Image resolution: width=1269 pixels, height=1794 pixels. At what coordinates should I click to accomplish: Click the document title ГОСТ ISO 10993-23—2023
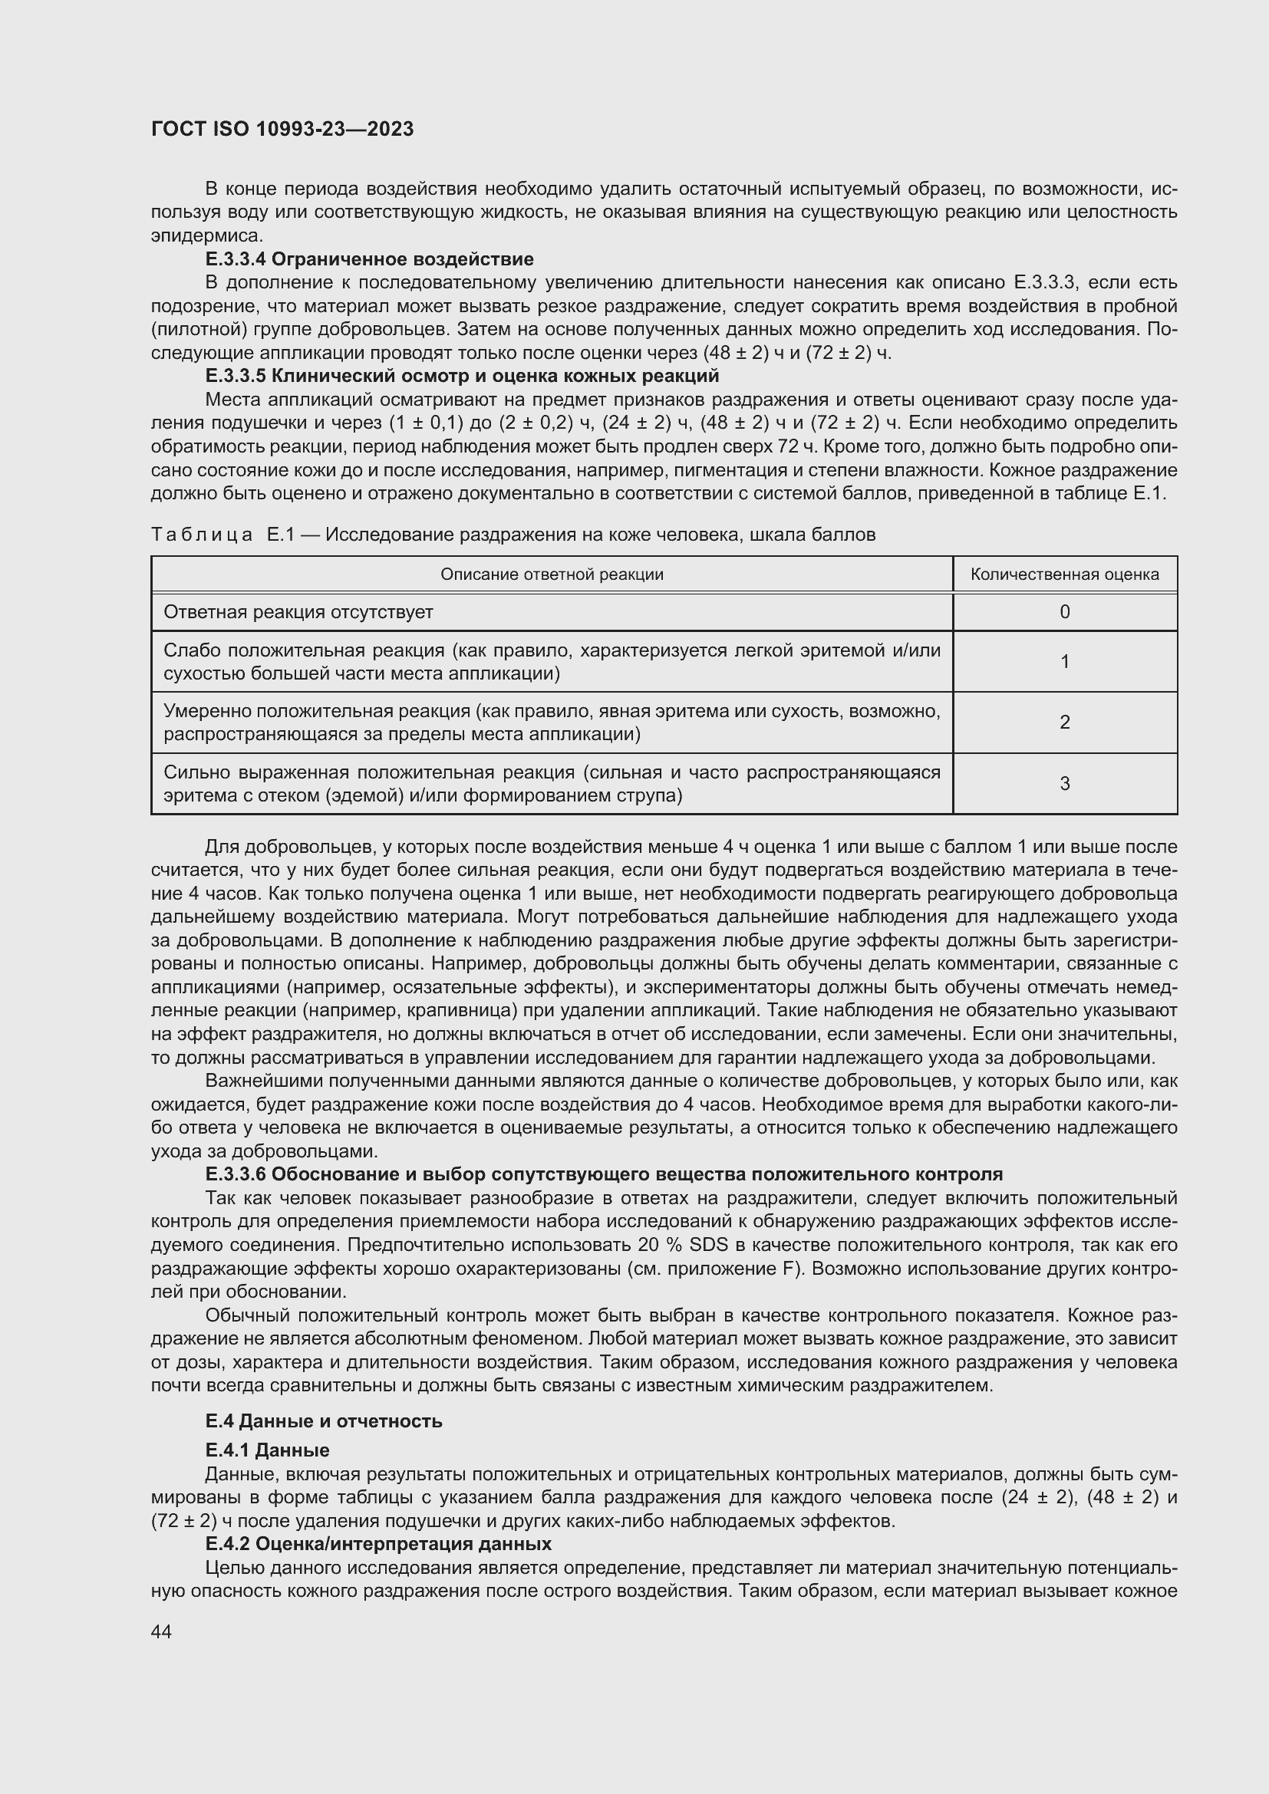[x=282, y=130]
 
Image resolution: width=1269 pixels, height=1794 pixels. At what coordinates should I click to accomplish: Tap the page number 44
[x=161, y=1631]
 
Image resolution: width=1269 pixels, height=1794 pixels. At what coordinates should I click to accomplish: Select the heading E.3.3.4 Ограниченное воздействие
[x=370, y=258]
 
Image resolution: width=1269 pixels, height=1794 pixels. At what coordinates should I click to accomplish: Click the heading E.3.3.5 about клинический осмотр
[x=462, y=376]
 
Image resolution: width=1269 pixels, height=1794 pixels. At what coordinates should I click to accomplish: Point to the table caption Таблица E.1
[x=513, y=535]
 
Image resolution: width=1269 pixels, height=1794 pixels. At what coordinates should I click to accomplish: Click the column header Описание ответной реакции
[x=552, y=575]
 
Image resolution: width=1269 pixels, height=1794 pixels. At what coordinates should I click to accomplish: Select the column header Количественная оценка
[x=1064, y=575]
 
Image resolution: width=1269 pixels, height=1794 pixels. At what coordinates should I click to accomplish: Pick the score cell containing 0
[x=1064, y=613]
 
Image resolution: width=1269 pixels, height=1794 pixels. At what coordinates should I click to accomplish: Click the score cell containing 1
[x=1064, y=662]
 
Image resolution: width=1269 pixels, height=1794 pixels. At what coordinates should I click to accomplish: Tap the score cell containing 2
[x=1064, y=723]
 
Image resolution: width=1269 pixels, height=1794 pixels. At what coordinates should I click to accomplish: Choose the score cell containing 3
[x=1064, y=784]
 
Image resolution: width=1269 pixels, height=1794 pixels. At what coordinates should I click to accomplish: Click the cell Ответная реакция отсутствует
[x=298, y=613]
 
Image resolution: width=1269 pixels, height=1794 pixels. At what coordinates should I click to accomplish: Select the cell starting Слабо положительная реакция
[x=552, y=662]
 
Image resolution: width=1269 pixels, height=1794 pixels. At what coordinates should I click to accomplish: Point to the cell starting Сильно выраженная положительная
[x=552, y=784]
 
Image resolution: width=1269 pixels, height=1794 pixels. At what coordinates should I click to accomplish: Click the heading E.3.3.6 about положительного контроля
[x=604, y=1174]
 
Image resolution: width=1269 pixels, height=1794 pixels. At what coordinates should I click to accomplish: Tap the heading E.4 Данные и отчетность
[x=324, y=1421]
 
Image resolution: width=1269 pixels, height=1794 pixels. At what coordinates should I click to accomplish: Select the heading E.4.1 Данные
[x=267, y=1450]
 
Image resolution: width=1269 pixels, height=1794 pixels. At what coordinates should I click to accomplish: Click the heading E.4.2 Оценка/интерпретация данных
[x=378, y=1544]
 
